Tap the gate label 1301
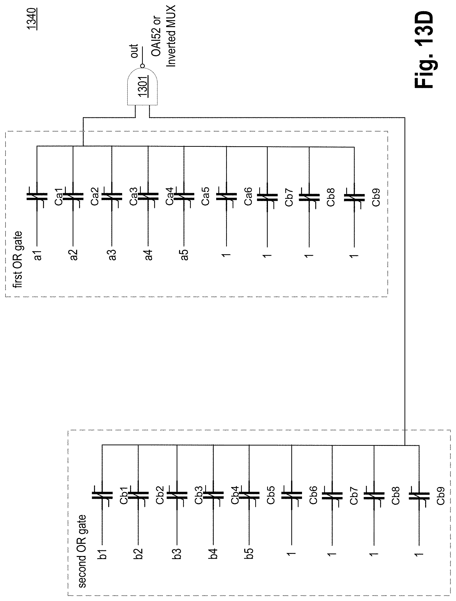click(x=142, y=86)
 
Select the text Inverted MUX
click(x=171, y=36)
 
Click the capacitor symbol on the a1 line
click(x=37, y=197)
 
